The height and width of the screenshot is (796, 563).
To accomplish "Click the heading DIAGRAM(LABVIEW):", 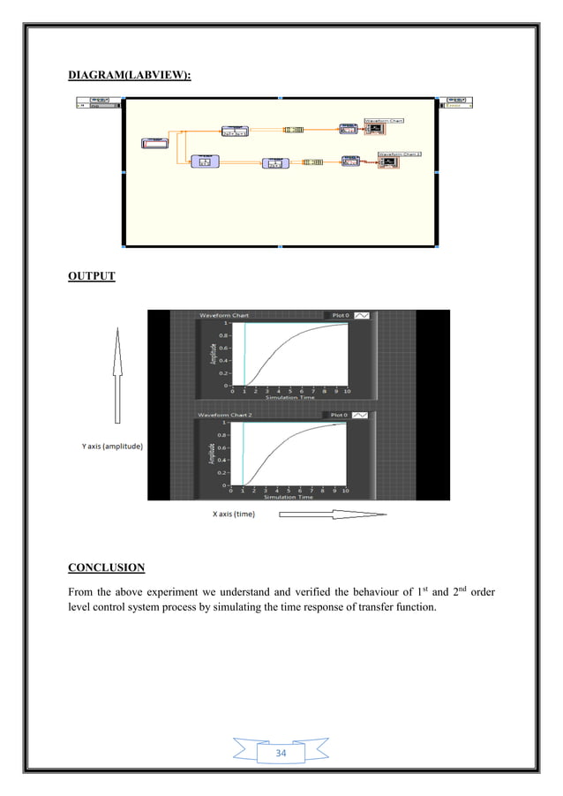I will [x=130, y=79].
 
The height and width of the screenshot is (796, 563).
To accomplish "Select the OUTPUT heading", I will [x=92, y=276].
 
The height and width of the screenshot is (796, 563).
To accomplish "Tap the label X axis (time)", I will [x=234, y=515].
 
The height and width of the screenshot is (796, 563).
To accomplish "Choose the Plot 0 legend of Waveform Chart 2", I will [x=338, y=414].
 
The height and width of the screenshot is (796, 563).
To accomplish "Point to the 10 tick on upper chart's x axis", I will [x=348, y=390].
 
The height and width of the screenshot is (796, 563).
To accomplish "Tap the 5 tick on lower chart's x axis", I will [x=289, y=490].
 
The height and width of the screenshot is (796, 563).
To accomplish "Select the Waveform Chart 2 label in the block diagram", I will [x=400, y=154].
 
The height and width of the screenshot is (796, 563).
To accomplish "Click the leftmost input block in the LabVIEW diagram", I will [x=156, y=144].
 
